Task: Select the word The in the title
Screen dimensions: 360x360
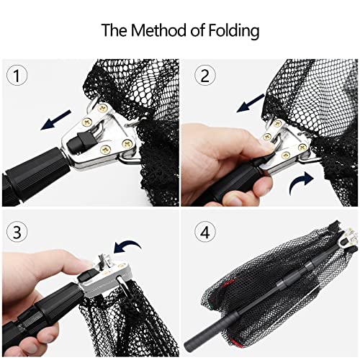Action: click(x=112, y=32)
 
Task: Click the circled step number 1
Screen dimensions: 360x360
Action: click(x=17, y=74)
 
